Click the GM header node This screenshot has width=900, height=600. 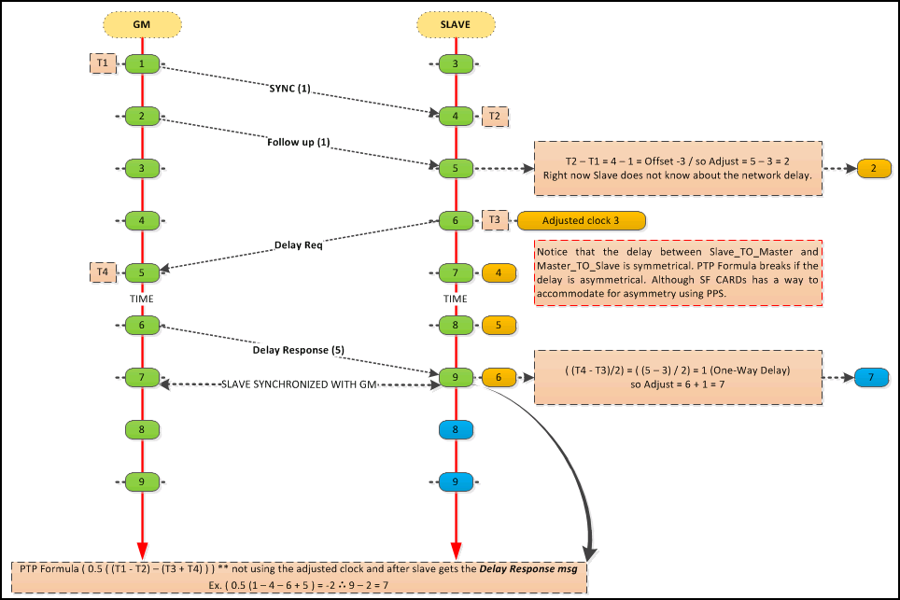(x=142, y=24)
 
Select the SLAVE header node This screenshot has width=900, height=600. (x=456, y=24)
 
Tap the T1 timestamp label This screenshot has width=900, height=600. (x=103, y=63)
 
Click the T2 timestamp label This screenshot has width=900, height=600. (x=495, y=117)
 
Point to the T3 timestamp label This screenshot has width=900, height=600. (x=495, y=219)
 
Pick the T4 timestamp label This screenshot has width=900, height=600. (x=103, y=272)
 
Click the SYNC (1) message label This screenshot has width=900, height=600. (x=289, y=89)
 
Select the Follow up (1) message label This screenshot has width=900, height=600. (x=299, y=142)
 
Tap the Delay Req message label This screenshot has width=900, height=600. (x=299, y=244)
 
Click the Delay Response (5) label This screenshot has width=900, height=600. (x=299, y=350)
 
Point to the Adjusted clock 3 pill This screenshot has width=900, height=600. (x=581, y=221)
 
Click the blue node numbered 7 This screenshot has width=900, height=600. (x=871, y=377)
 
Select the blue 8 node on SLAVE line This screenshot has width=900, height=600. (x=456, y=429)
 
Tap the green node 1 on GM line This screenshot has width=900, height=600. (x=142, y=63)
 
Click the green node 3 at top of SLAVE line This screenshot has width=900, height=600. (x=456, y=63)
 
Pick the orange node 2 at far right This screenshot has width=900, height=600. (x=874, y=169)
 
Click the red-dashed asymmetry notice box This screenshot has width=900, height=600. (x=678, y=273)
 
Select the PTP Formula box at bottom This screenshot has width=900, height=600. (x=299, y=577)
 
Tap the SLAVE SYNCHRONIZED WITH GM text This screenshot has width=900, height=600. (x=299, y=384)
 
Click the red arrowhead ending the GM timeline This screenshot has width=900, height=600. (x=142, y=551)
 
